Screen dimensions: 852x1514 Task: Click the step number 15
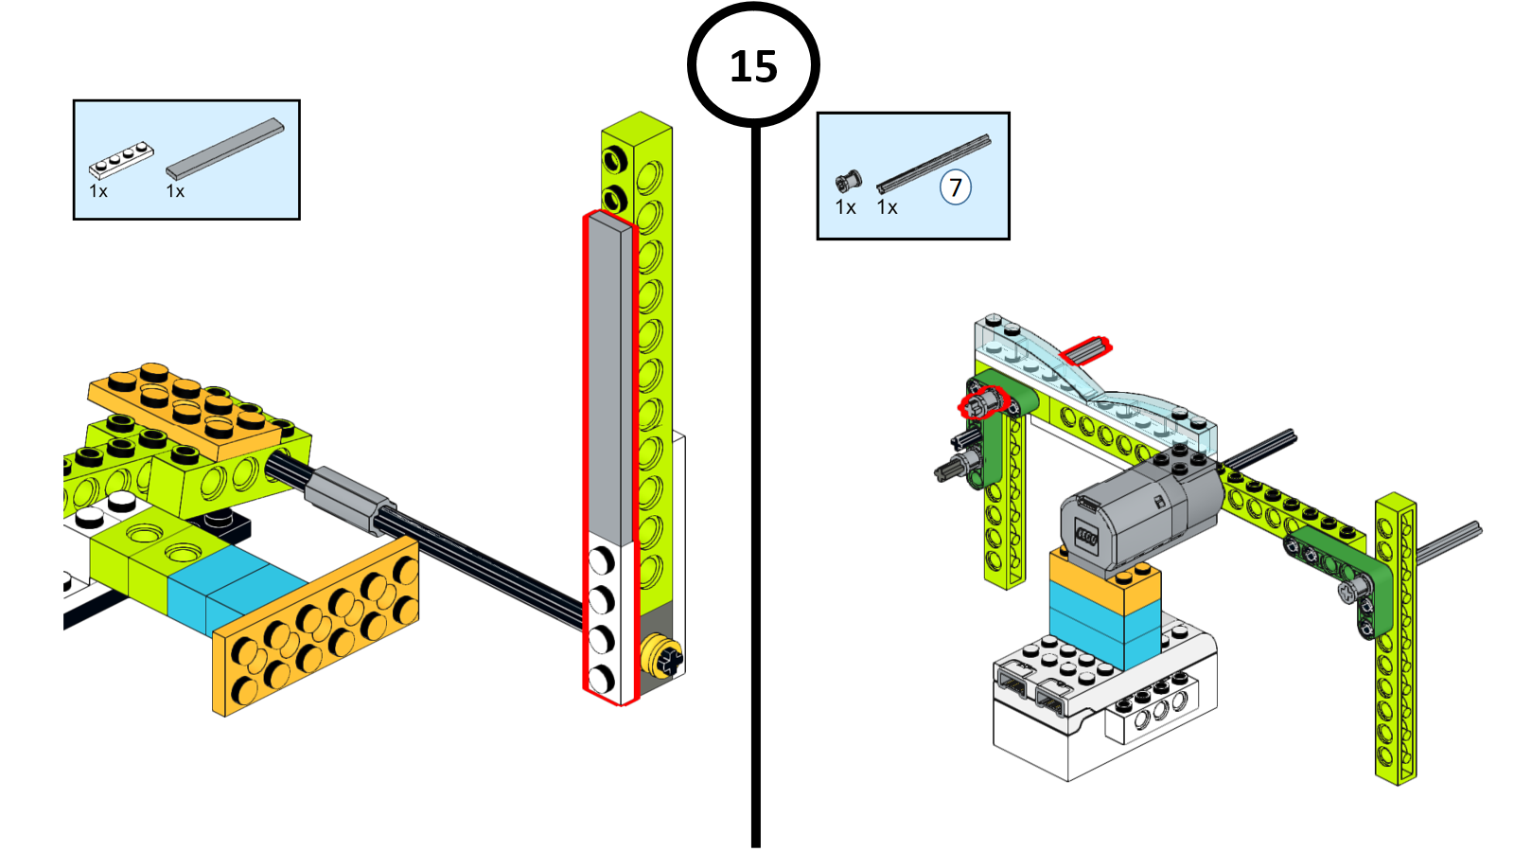click(753, 66)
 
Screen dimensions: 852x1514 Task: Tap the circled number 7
click(955, 187)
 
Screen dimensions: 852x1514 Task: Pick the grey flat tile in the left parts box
click(225, 149)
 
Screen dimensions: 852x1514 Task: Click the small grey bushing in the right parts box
click(848, 180)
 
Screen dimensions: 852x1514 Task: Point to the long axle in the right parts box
click(933, 164)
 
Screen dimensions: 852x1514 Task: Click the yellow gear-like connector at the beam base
click(661, 657)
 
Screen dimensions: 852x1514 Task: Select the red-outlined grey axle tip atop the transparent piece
click(1085, 350)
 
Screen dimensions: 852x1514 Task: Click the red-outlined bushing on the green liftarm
click(980, 404)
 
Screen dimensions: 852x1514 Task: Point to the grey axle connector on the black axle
click(345, 497)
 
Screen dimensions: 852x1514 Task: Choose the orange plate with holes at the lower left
click(317, 625)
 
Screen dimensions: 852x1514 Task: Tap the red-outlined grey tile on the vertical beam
click(609, 379)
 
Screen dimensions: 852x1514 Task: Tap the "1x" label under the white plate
click(98, 191)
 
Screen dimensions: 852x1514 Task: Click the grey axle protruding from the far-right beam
click(1448, 541)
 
